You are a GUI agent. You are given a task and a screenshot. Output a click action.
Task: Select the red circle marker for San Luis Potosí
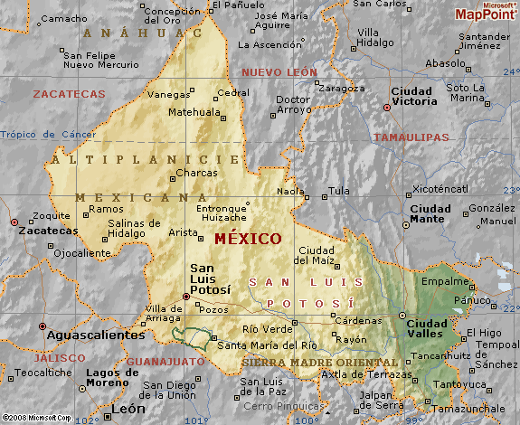(x=186, y=296)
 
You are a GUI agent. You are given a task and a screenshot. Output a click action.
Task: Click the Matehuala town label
(x=195, y=112)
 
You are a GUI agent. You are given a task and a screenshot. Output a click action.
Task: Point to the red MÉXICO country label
(x=248, y=239)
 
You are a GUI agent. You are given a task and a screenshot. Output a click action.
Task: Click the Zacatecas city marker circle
(x=14, y=222)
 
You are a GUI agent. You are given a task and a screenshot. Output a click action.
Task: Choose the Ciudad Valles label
(x=427, y=327)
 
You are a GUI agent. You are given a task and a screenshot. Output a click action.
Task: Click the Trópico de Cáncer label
(x=48, y=135)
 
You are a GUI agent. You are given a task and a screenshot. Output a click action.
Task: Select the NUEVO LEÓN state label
(x=279, y=71)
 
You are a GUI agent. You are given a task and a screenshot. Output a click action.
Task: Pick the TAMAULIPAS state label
(x=411, y=137)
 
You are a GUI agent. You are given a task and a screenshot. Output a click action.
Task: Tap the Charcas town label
(x=196, y=173)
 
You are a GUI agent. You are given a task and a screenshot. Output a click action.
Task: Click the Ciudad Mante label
(x=430, y=213)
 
